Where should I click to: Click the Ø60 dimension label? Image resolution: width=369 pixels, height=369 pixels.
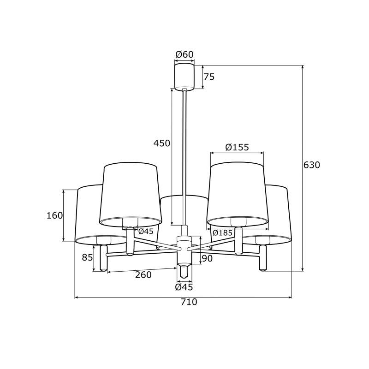click(x=184, y=54)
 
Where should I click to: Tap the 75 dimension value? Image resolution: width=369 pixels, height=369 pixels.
click(x=209, y=77)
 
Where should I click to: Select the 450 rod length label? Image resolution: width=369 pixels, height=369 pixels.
click(x=162, y=143)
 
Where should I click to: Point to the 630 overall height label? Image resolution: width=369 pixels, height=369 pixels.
click(x=312, y=165)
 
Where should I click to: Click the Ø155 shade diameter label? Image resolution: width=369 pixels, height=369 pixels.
click(x=237, y=147)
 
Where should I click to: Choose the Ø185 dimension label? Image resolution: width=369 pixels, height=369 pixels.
click(x=222, y=233)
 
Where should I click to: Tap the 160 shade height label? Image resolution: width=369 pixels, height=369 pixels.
click(x=54, y=215)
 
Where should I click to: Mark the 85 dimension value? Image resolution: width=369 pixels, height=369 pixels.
click(x=87, y=258)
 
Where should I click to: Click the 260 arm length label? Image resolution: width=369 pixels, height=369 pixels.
click(x=143, y=274)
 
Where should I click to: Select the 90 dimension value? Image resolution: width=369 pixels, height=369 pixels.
click(x=207, y=258)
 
